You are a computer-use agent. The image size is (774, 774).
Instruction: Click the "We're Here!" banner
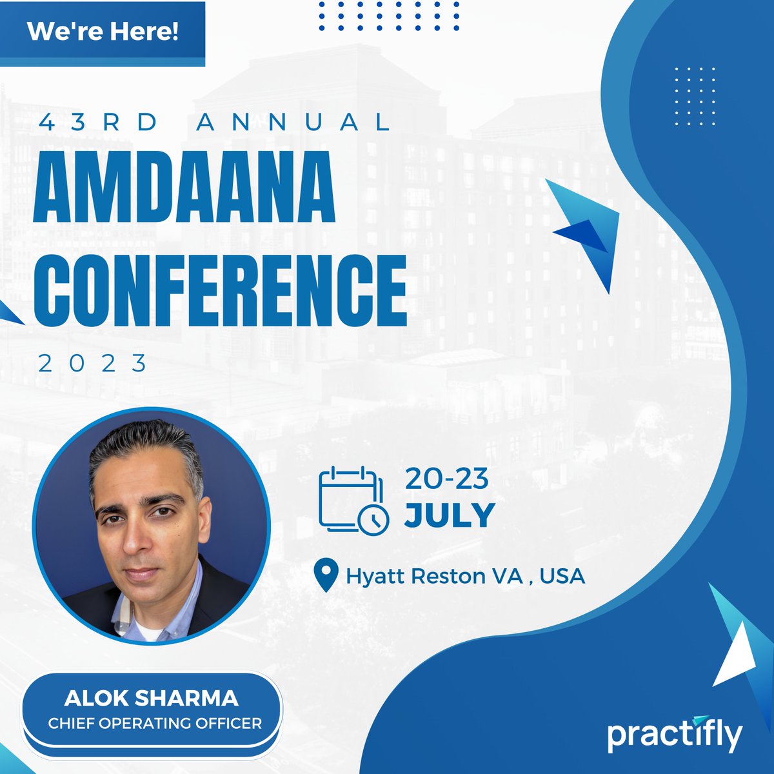103,33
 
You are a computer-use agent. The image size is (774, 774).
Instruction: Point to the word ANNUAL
293,123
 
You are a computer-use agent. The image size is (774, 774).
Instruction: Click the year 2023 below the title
94,364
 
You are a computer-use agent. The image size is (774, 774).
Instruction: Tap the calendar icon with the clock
353,499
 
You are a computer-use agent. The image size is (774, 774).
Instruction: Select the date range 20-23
446,479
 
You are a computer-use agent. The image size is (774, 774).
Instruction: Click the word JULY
450,515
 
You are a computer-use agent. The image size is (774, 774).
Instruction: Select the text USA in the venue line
562,575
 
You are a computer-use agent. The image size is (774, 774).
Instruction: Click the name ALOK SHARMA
152,698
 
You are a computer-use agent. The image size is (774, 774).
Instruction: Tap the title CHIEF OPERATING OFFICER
155,722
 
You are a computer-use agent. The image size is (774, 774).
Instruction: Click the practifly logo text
674,735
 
